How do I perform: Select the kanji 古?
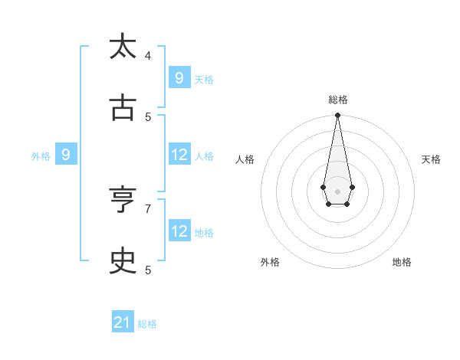pos(123,108)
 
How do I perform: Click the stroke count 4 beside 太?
pos(148,55)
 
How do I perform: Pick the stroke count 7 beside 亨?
pos(148,208)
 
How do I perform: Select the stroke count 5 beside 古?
pos(148,116)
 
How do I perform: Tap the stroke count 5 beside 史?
pos(148,270)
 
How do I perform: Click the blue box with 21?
pos(123,322)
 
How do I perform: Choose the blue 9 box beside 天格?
pos(179,77)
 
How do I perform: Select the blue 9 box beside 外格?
pos(66,154)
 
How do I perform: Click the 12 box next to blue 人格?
pos(179,154)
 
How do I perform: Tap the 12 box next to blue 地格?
pos(179,231)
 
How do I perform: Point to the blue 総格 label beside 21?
pos(147,324)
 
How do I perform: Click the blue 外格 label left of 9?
pos(41,156)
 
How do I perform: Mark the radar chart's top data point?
pos(337,115)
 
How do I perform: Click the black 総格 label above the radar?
pos(338,100)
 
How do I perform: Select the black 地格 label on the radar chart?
pos(402,262)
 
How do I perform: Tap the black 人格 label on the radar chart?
pos(245,159)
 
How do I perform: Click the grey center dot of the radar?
pos(337,191)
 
